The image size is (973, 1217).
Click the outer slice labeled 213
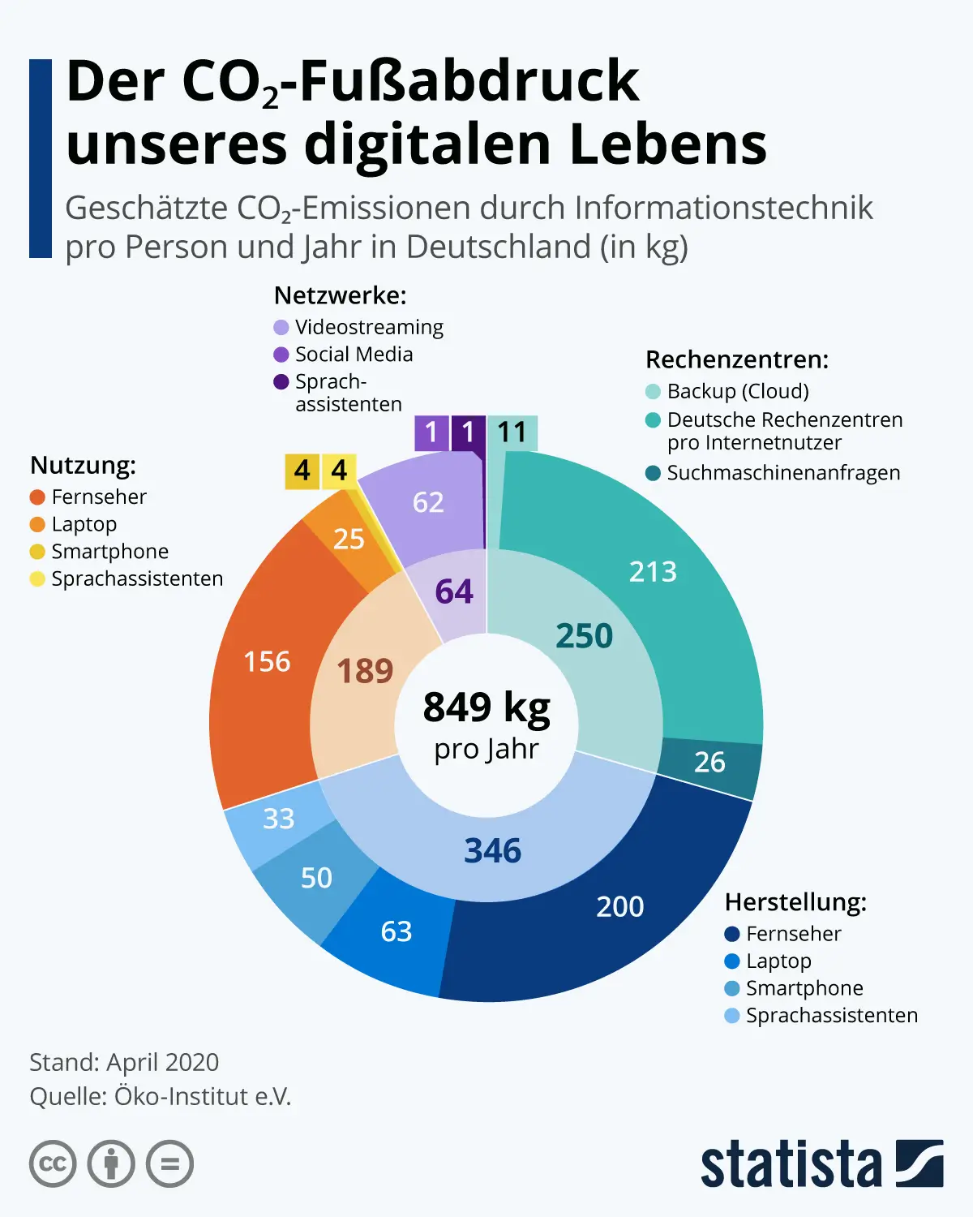tap(653, 572)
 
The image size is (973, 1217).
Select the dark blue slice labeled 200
tap(620, 906)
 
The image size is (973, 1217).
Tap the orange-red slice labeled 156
tap(267, 662)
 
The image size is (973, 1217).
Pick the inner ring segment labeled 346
tap(492, 851)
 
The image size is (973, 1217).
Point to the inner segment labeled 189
tap(365, 671)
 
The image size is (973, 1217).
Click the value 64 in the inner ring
tap(454, 591)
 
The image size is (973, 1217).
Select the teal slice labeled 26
tap(709, 762)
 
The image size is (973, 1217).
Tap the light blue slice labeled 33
tap(278, 819)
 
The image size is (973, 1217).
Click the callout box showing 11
tap(512, 432)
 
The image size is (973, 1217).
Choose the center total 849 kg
tap(486, 707)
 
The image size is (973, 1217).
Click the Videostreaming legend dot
tap(281, 328)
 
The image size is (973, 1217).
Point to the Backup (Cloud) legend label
tap(738, 392)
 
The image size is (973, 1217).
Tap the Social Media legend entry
tap(354, 355)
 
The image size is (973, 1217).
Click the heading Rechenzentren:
tap(737, 359)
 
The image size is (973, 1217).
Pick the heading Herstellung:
tap(795, 902)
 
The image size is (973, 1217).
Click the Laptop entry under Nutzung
tap(84, 524)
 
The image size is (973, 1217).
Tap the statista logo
tap(821, 1164)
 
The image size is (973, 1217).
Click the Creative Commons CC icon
tap(53, 1164)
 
